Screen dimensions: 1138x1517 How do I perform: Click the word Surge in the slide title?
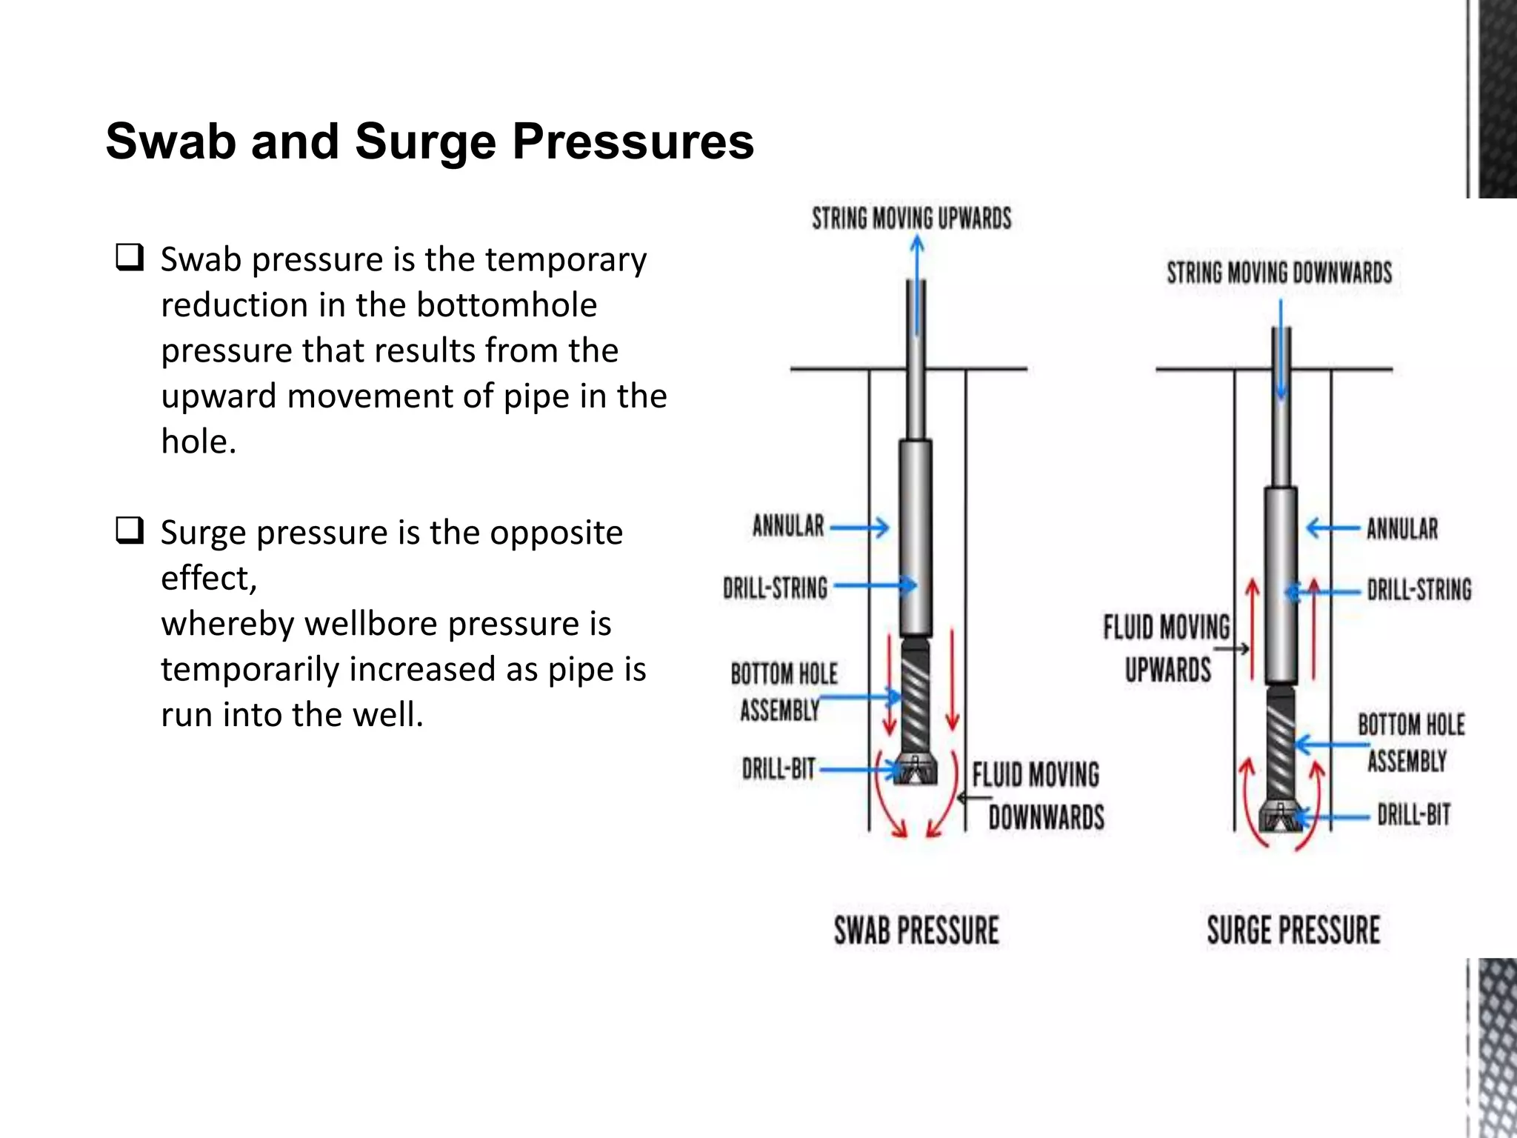click(x=425, y=142)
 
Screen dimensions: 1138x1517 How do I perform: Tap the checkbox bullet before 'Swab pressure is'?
click(x=129, y=257)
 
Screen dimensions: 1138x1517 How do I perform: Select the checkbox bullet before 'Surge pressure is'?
click(x=129, y=530)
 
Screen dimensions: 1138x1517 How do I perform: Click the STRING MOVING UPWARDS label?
click(x=911, y=219)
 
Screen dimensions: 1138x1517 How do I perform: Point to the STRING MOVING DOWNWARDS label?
click(x=1279, y=273)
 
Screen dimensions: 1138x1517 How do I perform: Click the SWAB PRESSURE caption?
click(x=916, y=931)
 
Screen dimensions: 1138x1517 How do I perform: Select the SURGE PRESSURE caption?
click(x=1293, y=931)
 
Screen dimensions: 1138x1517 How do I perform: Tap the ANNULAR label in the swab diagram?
click(x=788, y=526)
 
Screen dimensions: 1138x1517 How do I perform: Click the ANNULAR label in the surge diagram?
click(x=1401, y=529)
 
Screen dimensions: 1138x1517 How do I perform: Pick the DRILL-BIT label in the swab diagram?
click(x=778, y=769)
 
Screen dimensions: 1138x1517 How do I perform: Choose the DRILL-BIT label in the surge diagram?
click(x=1413, y=815)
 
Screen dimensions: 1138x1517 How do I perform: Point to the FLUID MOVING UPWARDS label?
click(x=1167, y=648)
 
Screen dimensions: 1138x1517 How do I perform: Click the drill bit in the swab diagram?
click(x=916, y=771)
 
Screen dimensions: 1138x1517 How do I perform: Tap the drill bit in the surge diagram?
click(x=1280, y=816)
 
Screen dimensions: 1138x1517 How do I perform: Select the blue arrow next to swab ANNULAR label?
click(x=859, y=528)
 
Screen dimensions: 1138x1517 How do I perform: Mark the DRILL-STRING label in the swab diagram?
click(x=775, y=588)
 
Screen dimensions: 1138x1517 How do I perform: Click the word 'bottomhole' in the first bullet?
click(x=506, y=305)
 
